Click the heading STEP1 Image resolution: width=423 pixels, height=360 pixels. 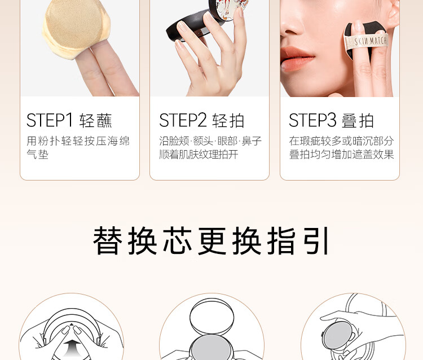pos(50,120)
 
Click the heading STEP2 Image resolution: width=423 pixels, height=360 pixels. pos(183,120)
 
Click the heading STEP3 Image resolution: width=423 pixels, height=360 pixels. pos(312,120)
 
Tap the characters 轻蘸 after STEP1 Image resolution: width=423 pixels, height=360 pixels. pos(96,121)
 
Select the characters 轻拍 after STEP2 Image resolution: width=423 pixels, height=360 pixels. pos(228,121)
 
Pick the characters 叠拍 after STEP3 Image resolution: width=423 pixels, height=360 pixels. pos(358,121)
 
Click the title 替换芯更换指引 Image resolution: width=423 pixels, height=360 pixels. pos(211,241)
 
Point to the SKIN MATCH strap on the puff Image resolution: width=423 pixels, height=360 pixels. pos(367,42)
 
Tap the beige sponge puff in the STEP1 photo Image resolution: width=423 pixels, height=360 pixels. pos(76,28)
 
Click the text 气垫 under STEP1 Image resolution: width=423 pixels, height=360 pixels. pos(37,155)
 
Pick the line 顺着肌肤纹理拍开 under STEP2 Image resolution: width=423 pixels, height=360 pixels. pos(199,155)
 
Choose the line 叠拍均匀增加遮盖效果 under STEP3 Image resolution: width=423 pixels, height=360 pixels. pos(342,155)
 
